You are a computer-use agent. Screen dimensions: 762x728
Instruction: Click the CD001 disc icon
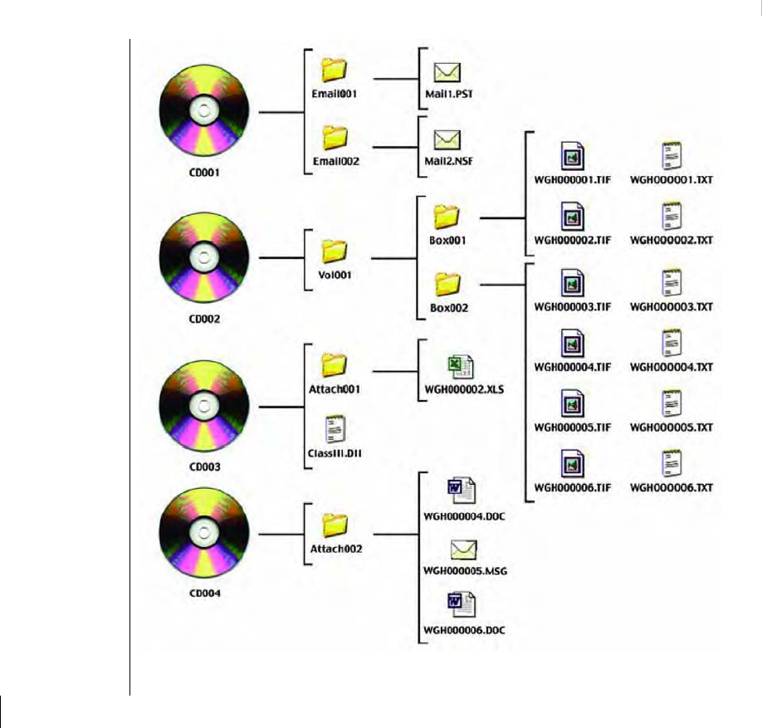[x=200, y=111]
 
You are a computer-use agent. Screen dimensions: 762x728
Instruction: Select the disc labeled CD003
[x=200, y=407]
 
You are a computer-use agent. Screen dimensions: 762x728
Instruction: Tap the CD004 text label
[x=200, y=594]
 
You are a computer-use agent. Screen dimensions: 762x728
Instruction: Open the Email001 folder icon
[x=334, y=68]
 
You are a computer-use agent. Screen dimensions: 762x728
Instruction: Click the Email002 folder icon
[x=334, y=135]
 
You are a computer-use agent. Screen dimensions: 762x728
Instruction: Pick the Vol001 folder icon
[x=334, y=249]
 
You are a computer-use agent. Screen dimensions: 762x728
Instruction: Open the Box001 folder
[x=446, y=218]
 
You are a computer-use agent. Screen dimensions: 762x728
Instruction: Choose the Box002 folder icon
[x=446, y=285]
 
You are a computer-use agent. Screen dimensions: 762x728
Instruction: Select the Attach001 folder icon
[x=334, y=364]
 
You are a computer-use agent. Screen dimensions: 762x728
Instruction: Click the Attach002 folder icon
[x=334, y=524]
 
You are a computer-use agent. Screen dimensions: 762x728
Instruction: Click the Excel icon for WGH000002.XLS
[x=460, y=366]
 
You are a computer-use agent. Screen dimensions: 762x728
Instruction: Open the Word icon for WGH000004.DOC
[x=460, y=491]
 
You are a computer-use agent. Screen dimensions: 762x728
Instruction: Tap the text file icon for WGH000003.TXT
[x=672, y=283]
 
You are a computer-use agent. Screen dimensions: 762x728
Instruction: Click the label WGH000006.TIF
[x=573, y=487]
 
